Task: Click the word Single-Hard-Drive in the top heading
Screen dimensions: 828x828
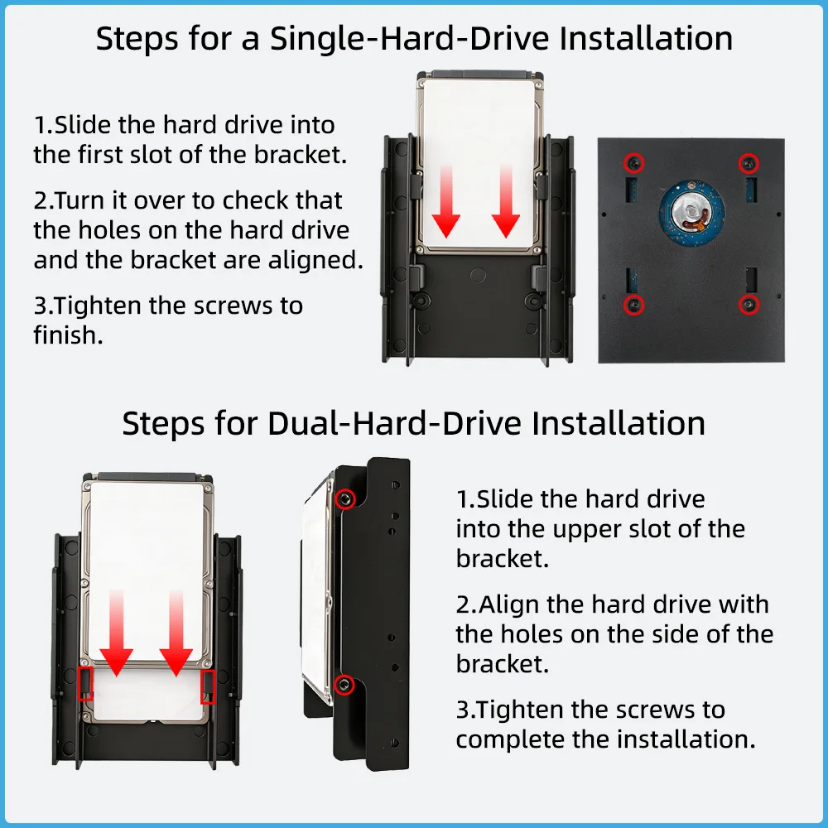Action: [409, 39]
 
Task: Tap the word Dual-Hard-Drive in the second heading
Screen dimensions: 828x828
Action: [395, 423]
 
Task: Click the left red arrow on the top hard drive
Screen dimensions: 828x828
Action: [446, 201]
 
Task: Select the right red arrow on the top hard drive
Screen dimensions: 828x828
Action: [506, 201]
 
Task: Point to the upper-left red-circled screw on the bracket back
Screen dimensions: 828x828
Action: [633, 163]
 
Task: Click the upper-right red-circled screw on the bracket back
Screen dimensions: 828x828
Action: [749, 163]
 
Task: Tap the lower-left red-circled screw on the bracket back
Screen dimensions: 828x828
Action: [633, 305]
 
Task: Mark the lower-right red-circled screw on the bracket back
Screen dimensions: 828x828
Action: [749, 304]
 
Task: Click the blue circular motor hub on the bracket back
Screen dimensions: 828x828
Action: [691, 214]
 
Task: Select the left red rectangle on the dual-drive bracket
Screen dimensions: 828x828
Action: [85, 684]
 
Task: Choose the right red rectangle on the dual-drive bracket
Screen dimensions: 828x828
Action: [208, 686]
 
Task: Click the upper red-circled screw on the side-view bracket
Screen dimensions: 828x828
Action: [344, 498]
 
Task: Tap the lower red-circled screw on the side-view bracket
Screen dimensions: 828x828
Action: [344, 685]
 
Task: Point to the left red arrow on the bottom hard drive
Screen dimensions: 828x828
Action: [116, 633]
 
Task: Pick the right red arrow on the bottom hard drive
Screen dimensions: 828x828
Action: [176, 633]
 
